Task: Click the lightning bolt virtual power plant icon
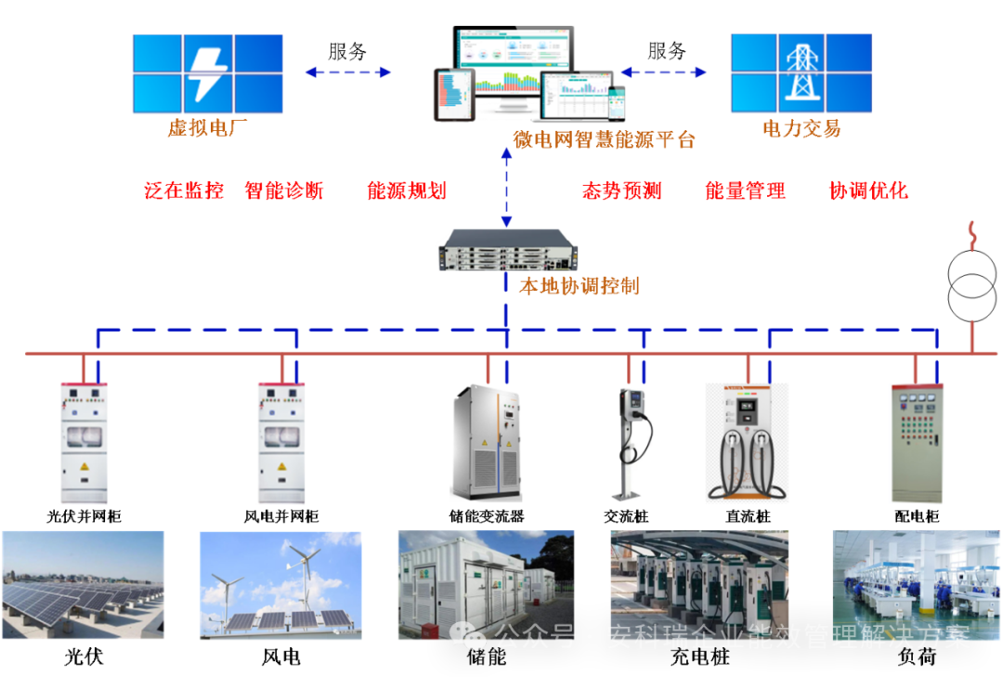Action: click(207, 74)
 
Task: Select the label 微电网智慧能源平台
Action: click(605, 140)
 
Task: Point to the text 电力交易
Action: click(801, 129)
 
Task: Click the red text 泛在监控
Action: click(184, 191)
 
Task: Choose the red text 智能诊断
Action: click(284, 191)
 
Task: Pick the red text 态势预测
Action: click(621, 191)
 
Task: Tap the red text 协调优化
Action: click(868, 191)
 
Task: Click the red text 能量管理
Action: click(746, 191)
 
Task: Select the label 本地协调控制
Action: click(579, 286)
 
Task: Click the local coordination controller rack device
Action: click(507, 250)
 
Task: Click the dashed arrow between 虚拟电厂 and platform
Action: click(348, 72)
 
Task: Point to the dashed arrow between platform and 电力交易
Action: click(664, 72)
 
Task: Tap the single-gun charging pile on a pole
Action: click(634, 444)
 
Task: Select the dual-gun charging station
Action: click(747, 442)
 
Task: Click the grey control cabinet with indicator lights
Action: click(916, 443)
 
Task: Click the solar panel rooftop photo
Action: click(83, 585)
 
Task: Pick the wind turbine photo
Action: click(280, 585)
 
